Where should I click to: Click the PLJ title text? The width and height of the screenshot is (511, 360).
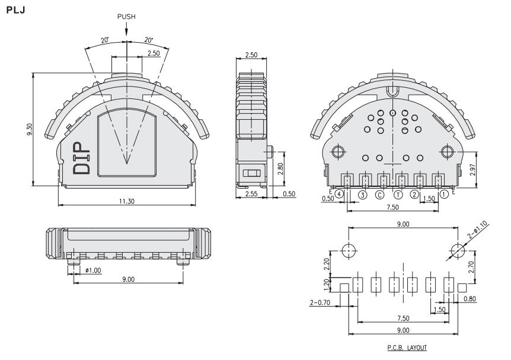click(x=15, y=10)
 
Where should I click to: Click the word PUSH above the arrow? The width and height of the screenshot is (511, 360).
click(x=126, y=17)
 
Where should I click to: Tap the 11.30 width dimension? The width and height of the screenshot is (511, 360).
click(x=126, y=201)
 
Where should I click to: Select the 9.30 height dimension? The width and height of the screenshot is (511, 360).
click(x=29, y=129)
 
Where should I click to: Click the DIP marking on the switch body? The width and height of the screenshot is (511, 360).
click(x=81, y=158)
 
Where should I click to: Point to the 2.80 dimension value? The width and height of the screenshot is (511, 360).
click(x=280, y=168)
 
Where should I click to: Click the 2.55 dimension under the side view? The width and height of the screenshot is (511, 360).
click(x=251, y=194)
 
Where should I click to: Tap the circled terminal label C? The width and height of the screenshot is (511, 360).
click(x=379, y=195)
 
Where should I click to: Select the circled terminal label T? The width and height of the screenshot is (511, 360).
click(x=398, y=195)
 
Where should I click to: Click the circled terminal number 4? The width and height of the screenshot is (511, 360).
click(x=339, y=194)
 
